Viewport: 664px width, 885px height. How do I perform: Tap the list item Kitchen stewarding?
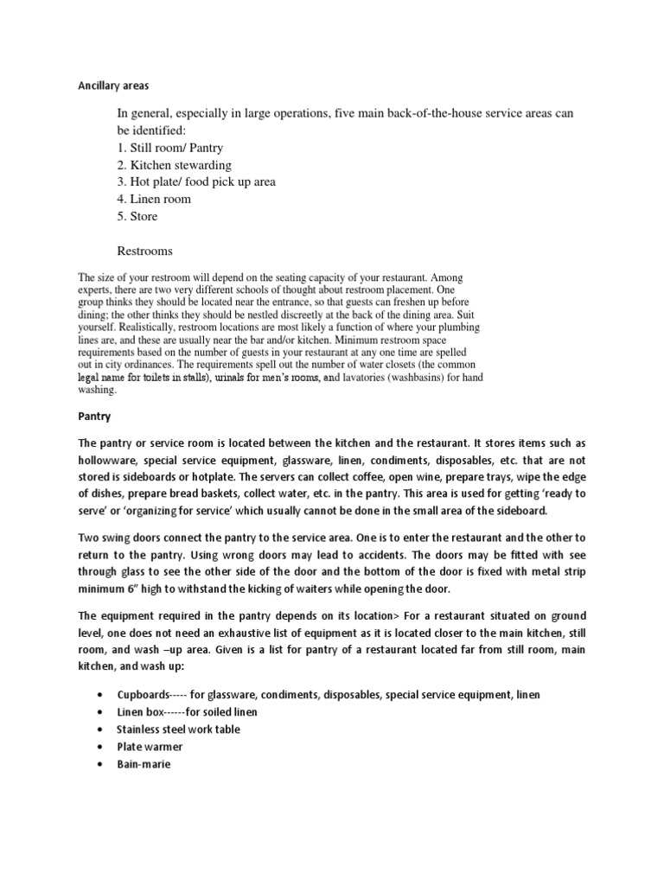point(175,165)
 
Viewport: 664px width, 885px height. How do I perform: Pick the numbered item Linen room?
point(155,199)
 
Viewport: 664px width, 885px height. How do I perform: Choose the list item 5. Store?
point(137,216)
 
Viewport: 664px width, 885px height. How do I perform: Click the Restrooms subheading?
point(144,251)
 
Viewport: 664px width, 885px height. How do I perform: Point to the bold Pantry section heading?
point(94,417)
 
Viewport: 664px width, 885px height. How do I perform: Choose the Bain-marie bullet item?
point(144,764)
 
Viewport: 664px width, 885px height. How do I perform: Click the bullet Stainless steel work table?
point(178,729)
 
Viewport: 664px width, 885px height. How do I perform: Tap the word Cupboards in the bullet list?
point(145,696)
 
